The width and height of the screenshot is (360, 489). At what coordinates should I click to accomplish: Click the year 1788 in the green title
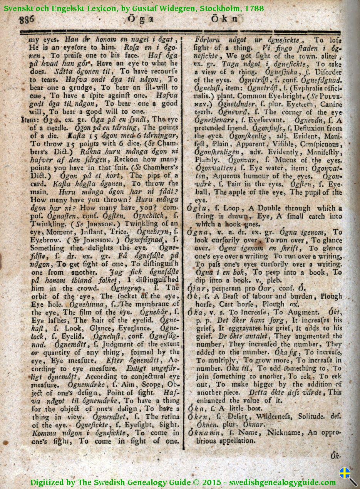coord(254,7)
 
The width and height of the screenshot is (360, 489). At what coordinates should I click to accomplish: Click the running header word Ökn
coord(226,18)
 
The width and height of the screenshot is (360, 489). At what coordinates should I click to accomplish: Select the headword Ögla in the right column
coord(196,208)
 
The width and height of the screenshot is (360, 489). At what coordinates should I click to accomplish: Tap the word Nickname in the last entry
coord(283,432)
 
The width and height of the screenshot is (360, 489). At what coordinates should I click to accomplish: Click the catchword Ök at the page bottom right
coord(335,456)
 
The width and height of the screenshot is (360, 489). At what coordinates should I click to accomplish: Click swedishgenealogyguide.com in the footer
coord(283,482)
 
